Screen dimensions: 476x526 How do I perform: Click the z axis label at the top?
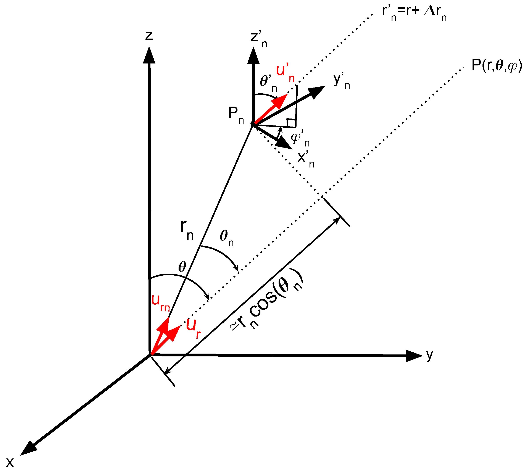point(149,36)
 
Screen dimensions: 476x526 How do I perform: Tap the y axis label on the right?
point(429,355)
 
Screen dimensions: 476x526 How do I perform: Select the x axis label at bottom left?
point(10,462)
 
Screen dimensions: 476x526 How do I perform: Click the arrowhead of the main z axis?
point(149,55)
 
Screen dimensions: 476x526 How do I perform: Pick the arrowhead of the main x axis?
point(28,448)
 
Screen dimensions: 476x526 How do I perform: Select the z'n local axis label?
point(258,38)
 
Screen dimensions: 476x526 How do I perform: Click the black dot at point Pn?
point(253,123)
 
